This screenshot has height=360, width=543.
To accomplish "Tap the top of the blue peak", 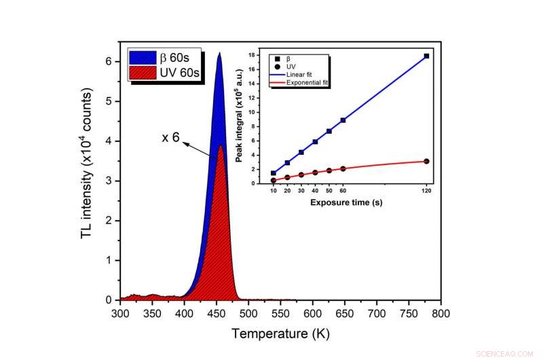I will tap(219, 53).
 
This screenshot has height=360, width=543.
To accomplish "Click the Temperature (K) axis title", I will tap(280, 334).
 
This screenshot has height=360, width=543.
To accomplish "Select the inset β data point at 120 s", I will tap(426, 56).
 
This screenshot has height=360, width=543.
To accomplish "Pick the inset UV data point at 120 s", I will tap(426, 161).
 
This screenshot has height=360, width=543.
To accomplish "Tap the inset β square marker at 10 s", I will tap(274, 173).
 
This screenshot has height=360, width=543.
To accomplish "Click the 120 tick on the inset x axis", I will tap(426, 191).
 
